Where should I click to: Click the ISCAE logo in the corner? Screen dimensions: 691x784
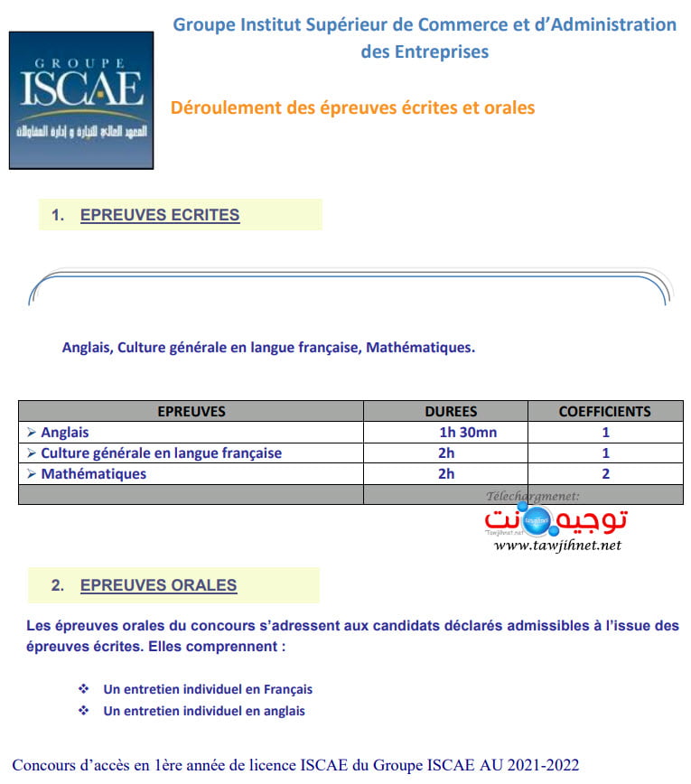tap(76, 100)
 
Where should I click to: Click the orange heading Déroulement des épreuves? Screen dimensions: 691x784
tap(352, 107)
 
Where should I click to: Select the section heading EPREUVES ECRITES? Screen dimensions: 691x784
tap(160, 215)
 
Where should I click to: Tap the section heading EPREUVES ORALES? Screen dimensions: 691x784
tap(158, 585)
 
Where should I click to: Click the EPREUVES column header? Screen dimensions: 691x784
tap(191, 411)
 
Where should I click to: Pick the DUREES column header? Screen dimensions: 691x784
tap(451, 411)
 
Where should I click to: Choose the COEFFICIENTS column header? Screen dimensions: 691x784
tap(604, 411)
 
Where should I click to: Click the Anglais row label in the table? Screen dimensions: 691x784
tap(65, 433)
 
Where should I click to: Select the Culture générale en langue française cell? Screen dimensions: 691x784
tap(161, 453)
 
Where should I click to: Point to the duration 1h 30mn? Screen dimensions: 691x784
tap(468, 433)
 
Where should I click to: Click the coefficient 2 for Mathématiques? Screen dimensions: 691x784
tap(605, 474)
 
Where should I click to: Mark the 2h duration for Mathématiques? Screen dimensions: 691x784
tap(446, 474)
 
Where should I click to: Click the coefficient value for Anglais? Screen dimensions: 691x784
tap(605, 433)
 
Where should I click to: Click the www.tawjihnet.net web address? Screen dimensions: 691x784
tap(558, 545)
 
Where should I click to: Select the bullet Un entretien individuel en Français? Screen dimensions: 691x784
tap(208, 689)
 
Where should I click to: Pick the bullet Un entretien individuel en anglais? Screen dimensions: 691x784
tap(204, 711)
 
